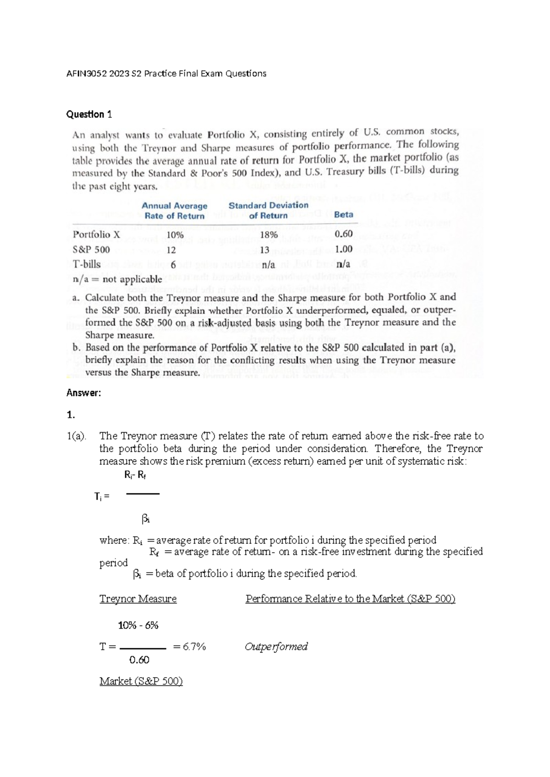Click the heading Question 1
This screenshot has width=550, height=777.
pyautogui.click(x=89, y=115)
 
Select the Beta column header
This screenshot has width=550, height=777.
pyautogui.click(x=343, y=214)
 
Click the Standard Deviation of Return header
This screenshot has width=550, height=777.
pyautogui.click(x=268, y=210)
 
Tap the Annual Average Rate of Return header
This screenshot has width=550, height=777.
pyautogui.click(x=174, y=211)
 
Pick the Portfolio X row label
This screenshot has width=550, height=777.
pyautogui.click(x=96, y=235)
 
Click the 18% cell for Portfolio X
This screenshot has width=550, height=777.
pyautogui.click(x=269, y=235)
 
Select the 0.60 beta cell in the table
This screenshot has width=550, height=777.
pyautogui.click(x=343, y=234)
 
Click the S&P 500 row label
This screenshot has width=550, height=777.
pyautogui.click(x=91, y=250)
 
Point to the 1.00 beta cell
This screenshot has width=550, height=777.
pyautogui.click(x=343, y=249)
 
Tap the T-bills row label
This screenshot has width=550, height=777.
pyautogui.click(x=87, y=264)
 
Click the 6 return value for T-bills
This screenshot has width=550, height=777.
pyautogui.click(x=173, y=265)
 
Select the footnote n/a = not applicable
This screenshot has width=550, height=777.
pyautogui.click(x=117, y=279)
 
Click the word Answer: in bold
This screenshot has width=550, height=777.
pyautogui.click(x=83, y=393)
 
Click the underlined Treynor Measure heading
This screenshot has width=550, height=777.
pyautogui.click(x=137, y=599)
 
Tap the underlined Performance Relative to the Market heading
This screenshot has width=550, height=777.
pyautogui.click(x=350, y=599)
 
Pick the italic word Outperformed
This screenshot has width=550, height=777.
pyautogui.click(x=276, y=646)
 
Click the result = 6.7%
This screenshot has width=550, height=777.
pyautogui.click(x=189, y=647)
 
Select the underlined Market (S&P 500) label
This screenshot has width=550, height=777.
pyautogui.click(x=141, y=681)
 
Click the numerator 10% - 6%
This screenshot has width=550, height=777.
pyautogui.click(x=138, y=625)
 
